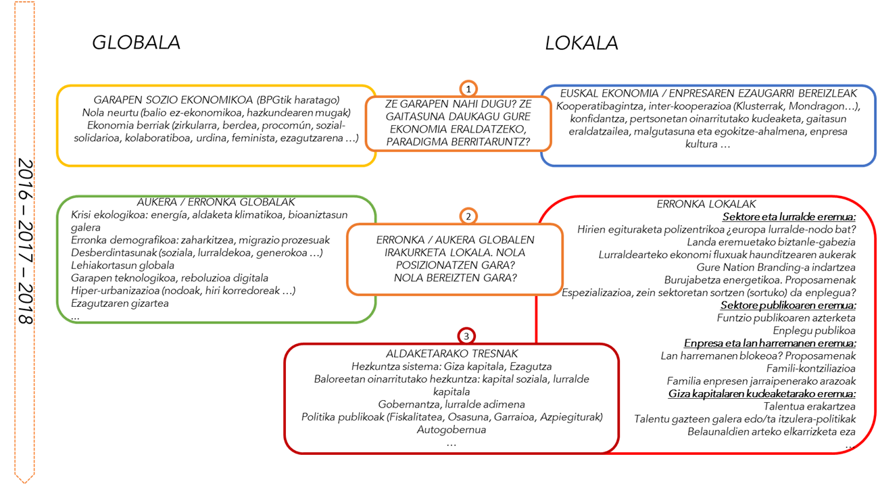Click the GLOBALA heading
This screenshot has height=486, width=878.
click(136, 43)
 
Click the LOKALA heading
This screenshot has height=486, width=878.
click(581, 43)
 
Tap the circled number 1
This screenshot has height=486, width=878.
click(468, 89)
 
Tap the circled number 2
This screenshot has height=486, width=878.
click(468, 216)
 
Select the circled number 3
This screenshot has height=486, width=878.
click(466, 336)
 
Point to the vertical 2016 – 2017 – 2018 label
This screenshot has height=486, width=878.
click(26, 241)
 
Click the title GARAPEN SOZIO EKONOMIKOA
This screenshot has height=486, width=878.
click(173, 100)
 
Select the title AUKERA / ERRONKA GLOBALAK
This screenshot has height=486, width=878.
click(216, 202)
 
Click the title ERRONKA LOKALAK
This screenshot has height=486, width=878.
click(706, 204)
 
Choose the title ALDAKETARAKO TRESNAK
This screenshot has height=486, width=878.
click(452, 354)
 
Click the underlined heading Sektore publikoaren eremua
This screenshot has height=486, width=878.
click(788, 305)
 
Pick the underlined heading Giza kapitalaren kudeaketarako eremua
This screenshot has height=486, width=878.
click(762, 393)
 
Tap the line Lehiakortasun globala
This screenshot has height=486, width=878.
click(122, 266)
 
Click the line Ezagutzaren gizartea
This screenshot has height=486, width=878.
click(120, 303)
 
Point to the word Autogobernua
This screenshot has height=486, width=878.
click(451, 430)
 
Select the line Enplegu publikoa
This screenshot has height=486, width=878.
click(814, 331)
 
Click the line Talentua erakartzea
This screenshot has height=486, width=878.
click(810, 406)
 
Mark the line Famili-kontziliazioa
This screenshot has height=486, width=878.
click(811, 368)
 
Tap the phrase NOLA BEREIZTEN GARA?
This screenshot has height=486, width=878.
click(455, 278)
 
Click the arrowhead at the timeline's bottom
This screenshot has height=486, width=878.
click(24, 477)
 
